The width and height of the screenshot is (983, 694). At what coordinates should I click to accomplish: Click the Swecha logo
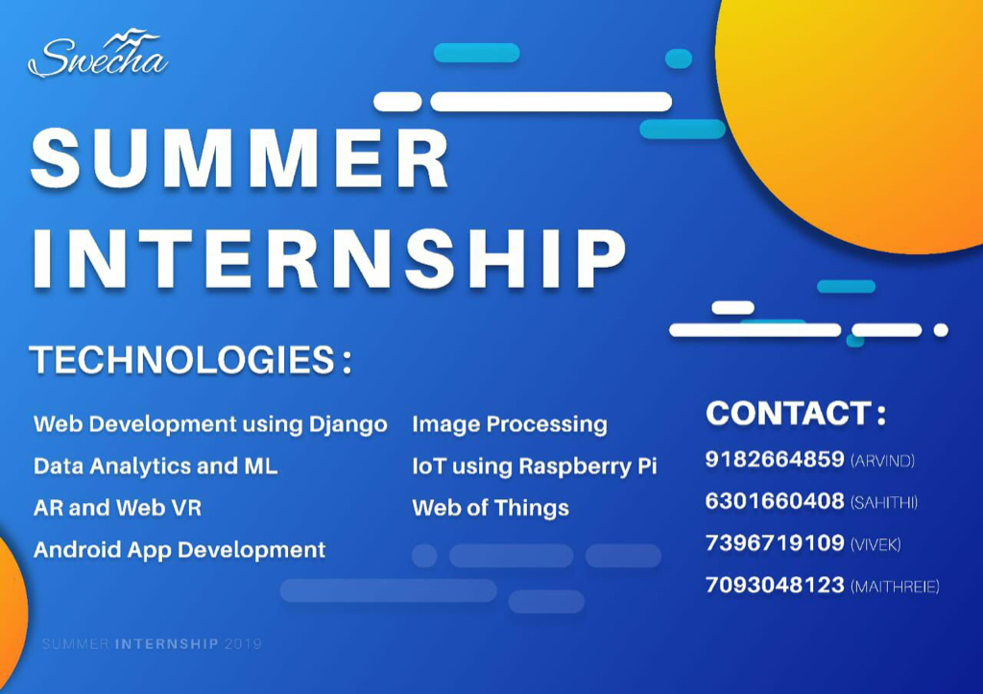pyautogui.click(x=98, y=55)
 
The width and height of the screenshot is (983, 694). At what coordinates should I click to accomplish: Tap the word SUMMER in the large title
pyautogui.click(x=240, y=157)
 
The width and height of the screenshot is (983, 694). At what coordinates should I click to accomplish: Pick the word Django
pyautogui.click(x=348, y=425)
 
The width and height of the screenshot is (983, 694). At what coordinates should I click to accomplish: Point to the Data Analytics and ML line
pyautogui.click(x=156, y=466)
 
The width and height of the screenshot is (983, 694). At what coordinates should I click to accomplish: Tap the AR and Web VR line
pyautogui.click(x=118, y=507)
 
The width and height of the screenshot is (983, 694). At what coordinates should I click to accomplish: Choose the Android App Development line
pyautogui.click(x=180, y=550)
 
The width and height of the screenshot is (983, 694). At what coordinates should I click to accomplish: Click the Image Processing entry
pyautogui.click(x=510, y=425)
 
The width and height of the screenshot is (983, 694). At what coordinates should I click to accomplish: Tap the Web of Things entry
pyautogui.click(x=491, y=508)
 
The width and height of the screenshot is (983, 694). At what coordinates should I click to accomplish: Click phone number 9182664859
pyautogui.click(x=775, y=459)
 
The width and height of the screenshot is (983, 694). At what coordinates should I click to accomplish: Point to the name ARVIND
pyautogui.click(x=883, y=461)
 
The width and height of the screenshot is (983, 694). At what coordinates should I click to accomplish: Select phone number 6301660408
pyautogui.click(x=775, y=501)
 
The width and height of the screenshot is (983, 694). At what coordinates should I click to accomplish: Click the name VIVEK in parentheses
pyautogui.click(x=875, y=544)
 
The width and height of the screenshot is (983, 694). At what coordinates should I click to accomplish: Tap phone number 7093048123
pyautogui.click(x=775, y=585)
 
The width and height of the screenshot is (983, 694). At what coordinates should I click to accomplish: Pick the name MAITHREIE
pyautogui.click(x=895, y=586)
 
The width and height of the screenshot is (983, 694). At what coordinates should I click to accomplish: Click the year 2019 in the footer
pyautogui.click(x=243, y=644)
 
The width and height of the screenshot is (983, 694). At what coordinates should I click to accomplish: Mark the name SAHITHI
pyautogui.click(x=884, y=502)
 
